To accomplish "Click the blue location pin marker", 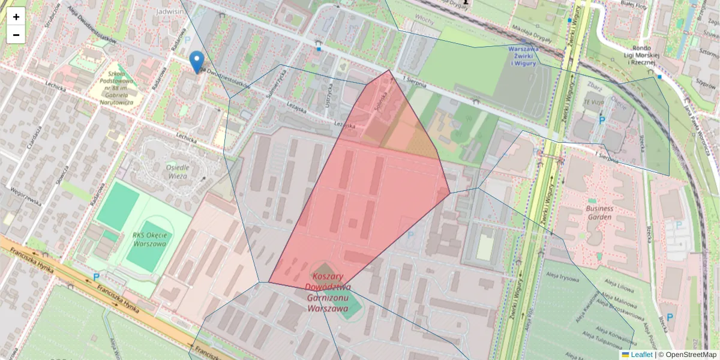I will pyautogui.click(x=196, y=62).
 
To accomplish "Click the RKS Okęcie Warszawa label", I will pyautogui.click(x=149, y=239).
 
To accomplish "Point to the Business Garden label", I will pyautogui.click(x=591, y=213).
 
